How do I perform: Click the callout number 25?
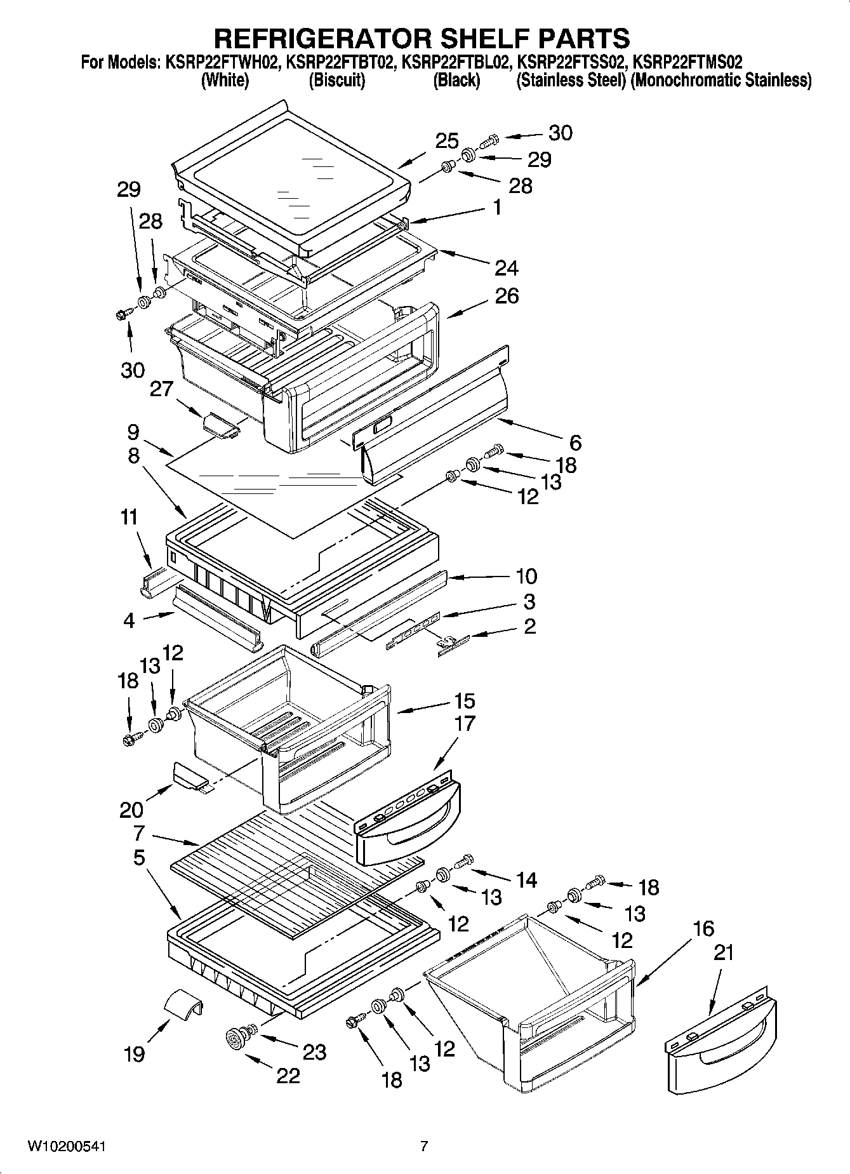pos(447,141)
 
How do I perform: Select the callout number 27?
pos(161,388)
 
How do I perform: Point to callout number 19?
pos(135,1053)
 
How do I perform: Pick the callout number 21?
pos(724,952)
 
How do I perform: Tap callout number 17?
pos(465,723)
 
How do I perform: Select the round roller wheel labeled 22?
pos(238,1040)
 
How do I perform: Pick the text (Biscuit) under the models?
pos(336,81)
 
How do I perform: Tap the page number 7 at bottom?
pos(424,1147)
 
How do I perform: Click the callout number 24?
pos(506,268)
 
